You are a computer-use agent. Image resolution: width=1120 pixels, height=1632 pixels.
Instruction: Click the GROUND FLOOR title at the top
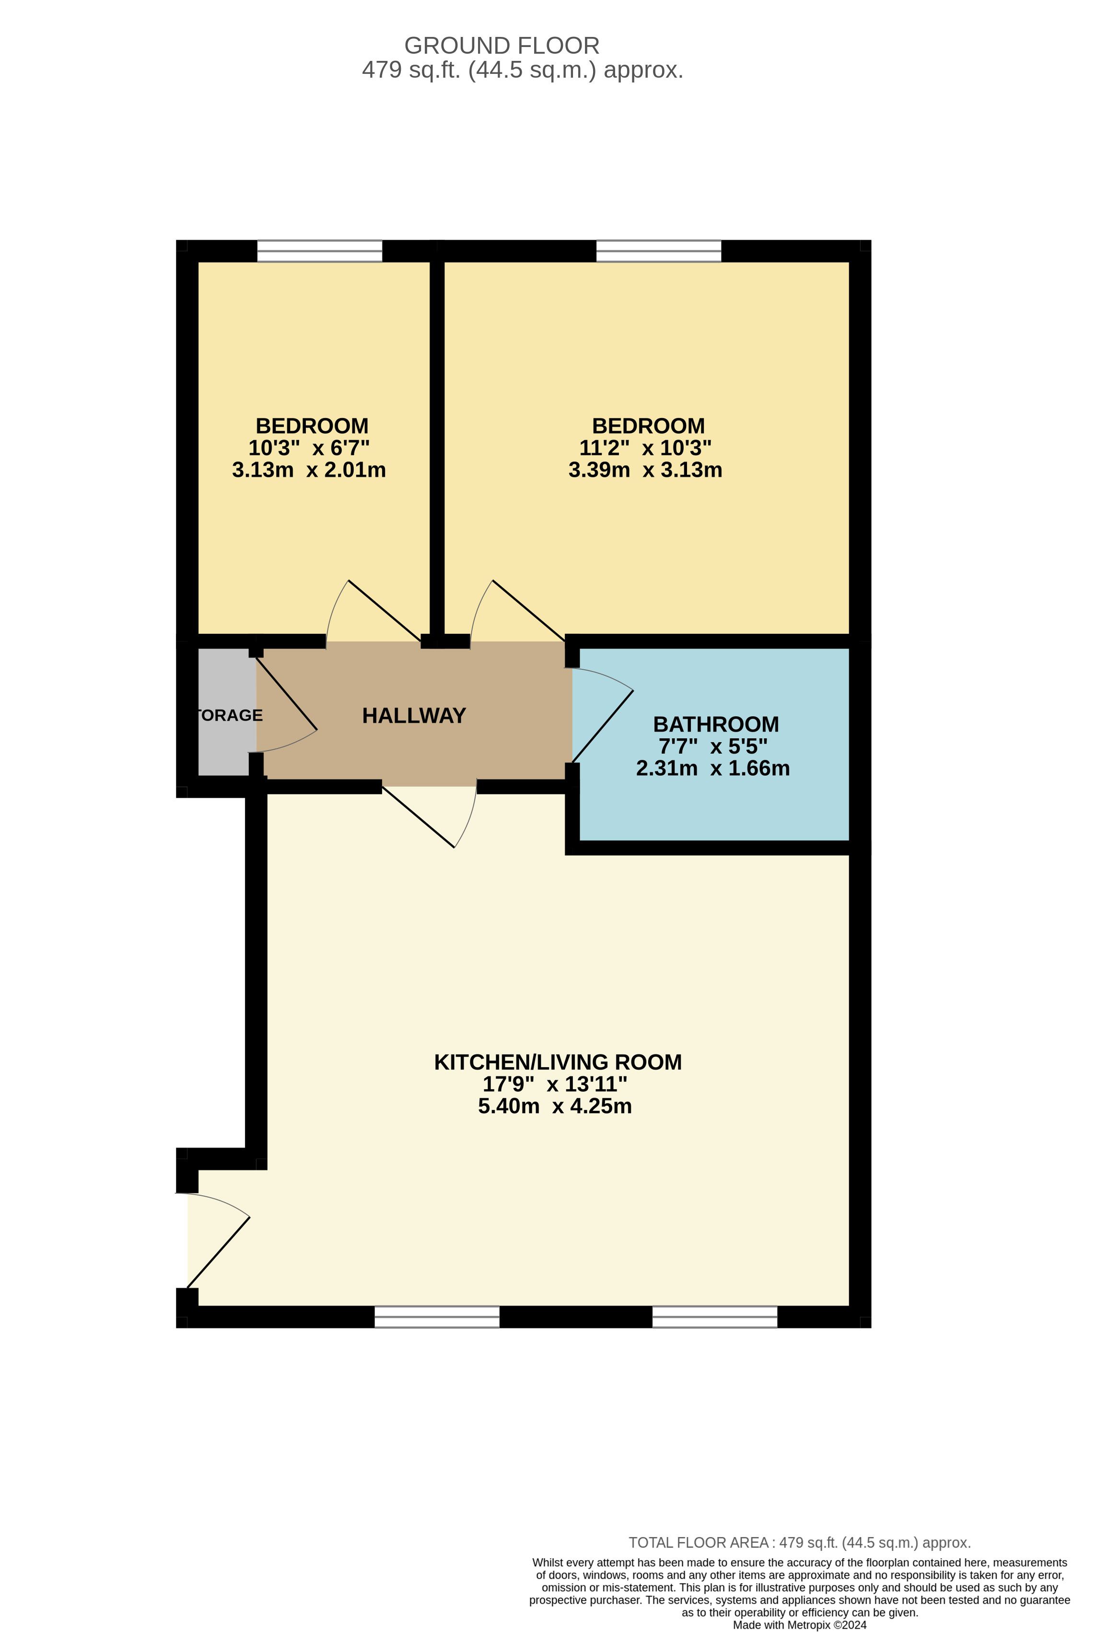502,46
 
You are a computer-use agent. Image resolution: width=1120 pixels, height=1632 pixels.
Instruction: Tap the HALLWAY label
414,716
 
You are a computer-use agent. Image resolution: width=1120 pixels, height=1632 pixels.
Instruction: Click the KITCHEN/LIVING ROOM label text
558,1062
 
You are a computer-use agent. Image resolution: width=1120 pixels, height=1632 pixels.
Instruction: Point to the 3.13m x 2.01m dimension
309,470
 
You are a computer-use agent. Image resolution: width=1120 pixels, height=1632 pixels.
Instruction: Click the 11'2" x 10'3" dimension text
645,447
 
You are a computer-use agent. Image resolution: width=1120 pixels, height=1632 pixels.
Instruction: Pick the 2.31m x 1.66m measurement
713,768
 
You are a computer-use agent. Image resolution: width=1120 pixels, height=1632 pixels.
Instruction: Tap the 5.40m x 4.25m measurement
555,1106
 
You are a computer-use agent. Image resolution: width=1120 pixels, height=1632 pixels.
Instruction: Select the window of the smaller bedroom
319,251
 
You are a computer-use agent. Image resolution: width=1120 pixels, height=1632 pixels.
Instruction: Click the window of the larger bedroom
659,251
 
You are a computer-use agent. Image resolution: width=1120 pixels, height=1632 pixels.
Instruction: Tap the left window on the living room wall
437,1317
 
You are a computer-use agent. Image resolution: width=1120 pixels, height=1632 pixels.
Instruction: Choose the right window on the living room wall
715,1317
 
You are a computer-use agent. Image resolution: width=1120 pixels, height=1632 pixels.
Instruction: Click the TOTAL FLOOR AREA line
799,1543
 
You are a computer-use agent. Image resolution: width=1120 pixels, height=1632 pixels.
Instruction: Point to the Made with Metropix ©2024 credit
800,1625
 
